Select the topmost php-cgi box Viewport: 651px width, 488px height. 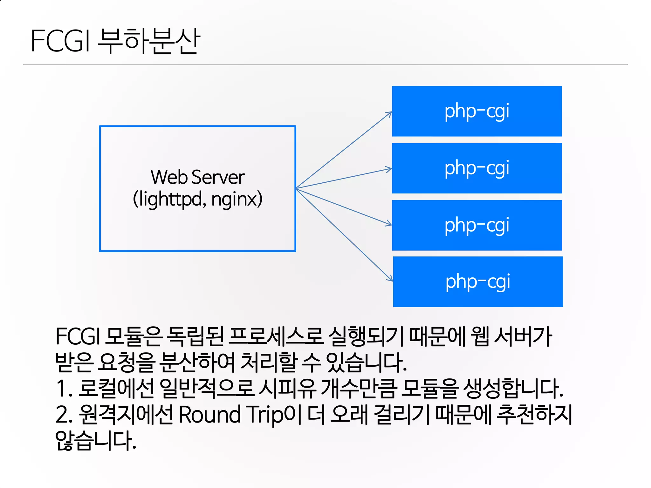coord(477,111)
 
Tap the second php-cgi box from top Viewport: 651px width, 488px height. coord(477,168)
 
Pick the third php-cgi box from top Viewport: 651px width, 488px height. coord(477,225)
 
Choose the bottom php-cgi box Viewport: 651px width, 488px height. coord(478,281)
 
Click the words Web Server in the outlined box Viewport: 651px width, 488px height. coord(198,177)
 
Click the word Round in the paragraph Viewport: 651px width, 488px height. coord(210,415)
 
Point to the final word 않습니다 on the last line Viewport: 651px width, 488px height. coord(95,441)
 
